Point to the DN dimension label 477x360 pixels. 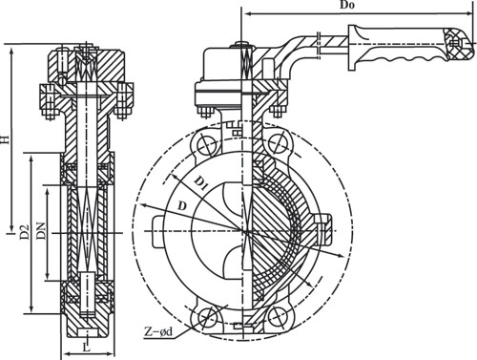(42, 230)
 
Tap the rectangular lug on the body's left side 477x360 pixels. (158, 231)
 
